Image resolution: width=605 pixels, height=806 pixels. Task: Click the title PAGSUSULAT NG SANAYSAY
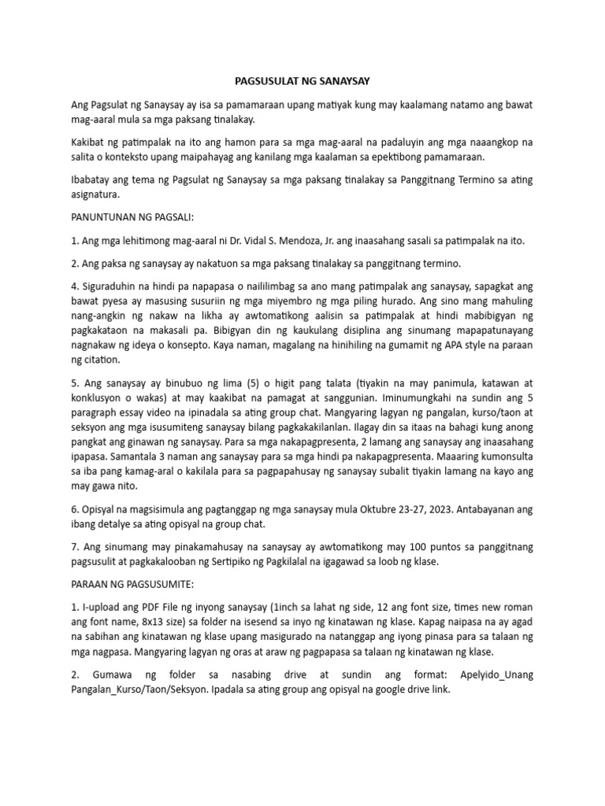[x=302, y=80]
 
